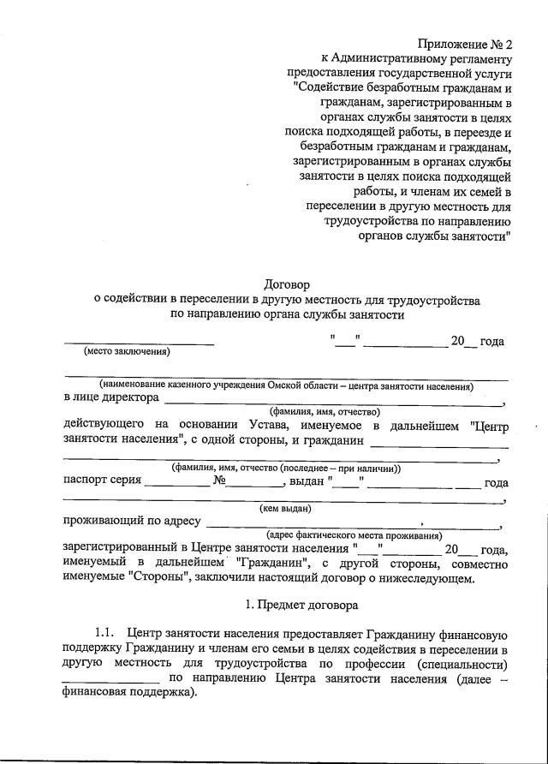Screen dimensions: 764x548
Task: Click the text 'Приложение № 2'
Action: tap(465, 44)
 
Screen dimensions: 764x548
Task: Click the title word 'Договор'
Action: tap(287, 284)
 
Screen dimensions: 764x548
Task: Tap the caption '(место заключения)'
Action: tap(126, 351)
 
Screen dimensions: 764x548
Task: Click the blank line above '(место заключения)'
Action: tap(140, 343)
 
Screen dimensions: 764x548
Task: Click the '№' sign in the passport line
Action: tap(220, 481)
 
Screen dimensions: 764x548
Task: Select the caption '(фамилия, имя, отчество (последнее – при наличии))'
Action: tap(286, 469)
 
